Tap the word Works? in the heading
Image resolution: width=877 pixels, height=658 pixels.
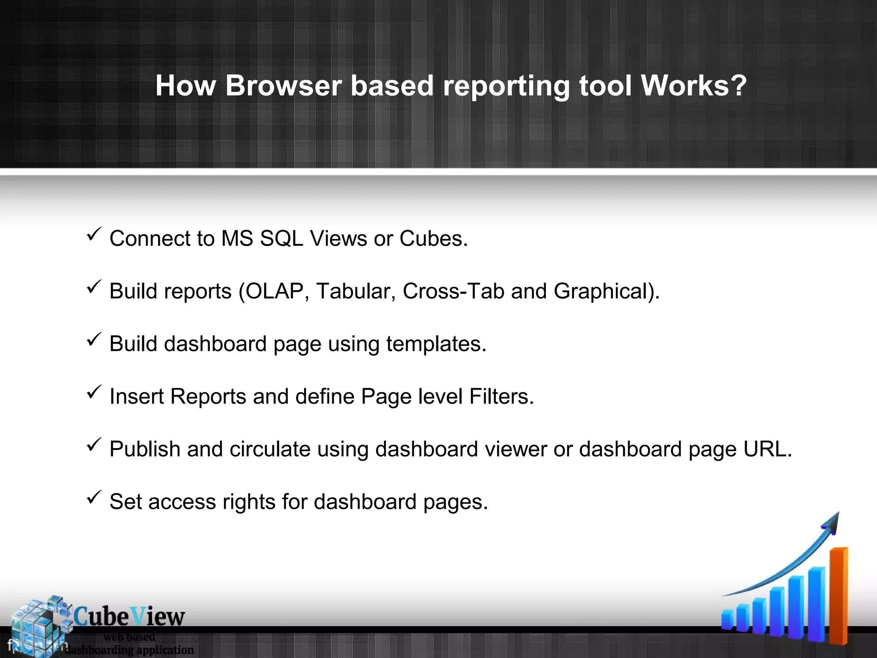coord(694,86)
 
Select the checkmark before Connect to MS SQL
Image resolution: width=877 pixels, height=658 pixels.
coord(93,234)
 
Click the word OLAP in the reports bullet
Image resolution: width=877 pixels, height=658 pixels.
coord(274,291)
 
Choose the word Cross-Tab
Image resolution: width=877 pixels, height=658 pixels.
coord(453,291)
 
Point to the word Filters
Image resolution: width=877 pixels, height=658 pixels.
coord(501,397)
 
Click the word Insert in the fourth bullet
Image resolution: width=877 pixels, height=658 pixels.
coord(137,397)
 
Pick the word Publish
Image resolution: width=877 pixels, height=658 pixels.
coord(145,449)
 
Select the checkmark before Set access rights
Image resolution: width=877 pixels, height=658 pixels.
coord(93,497)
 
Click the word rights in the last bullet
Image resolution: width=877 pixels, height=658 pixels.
coord(249,502)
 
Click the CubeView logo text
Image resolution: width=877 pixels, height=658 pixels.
coord(129,617)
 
